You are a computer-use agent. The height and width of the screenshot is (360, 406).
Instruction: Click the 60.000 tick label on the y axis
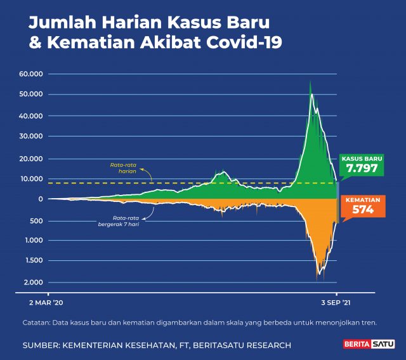tap(31, 74)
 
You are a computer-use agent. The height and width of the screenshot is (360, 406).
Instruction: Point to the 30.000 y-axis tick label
tap(31, 136)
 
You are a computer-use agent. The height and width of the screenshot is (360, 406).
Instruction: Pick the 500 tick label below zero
tap(37, 220)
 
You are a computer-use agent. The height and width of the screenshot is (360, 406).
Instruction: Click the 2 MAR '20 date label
tap(45, 303)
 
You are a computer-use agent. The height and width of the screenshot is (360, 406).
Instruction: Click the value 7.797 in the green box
tap(362, 169)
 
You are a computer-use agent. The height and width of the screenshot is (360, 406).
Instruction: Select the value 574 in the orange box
tap(363, 210)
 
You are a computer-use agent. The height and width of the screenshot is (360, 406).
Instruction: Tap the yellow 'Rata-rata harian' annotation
tap(124, 168)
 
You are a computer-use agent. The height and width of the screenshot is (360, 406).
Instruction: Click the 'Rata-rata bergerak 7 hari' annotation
tap(118, 221)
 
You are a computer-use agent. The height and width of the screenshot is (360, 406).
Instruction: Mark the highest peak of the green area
tap(310, 81)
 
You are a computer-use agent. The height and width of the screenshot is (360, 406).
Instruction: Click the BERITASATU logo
tap(369, 345)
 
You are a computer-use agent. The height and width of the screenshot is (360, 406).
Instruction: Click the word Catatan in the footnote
tap(37, 322)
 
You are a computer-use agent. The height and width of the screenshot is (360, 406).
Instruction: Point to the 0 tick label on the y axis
tap(40, 199)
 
